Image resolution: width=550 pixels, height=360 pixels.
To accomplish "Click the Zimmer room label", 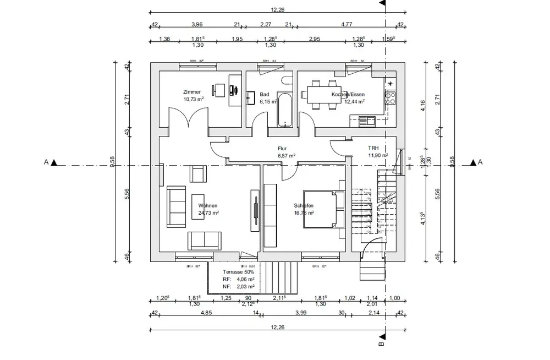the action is coord(193,92).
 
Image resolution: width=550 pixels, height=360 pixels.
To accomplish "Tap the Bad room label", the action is coord(264,95).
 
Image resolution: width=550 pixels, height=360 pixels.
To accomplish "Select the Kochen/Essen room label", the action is coord(348,95).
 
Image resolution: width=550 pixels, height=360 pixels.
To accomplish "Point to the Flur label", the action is coord(283,149).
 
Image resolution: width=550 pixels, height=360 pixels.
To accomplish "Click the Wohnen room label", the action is coord(208,205).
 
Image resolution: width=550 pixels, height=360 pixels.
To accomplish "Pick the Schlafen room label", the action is coord(304,205).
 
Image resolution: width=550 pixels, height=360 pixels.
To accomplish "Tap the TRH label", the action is coord(373,148).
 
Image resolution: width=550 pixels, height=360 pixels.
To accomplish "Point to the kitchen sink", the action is coord(366,119).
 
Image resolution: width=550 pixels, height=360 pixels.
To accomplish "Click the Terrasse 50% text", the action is coord(238,272).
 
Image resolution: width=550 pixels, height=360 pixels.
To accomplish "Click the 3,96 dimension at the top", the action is coord(197,24).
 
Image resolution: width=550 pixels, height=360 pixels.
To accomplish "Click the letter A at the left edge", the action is coord(47,162).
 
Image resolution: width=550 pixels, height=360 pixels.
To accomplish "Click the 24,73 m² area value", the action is coord(209,212).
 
